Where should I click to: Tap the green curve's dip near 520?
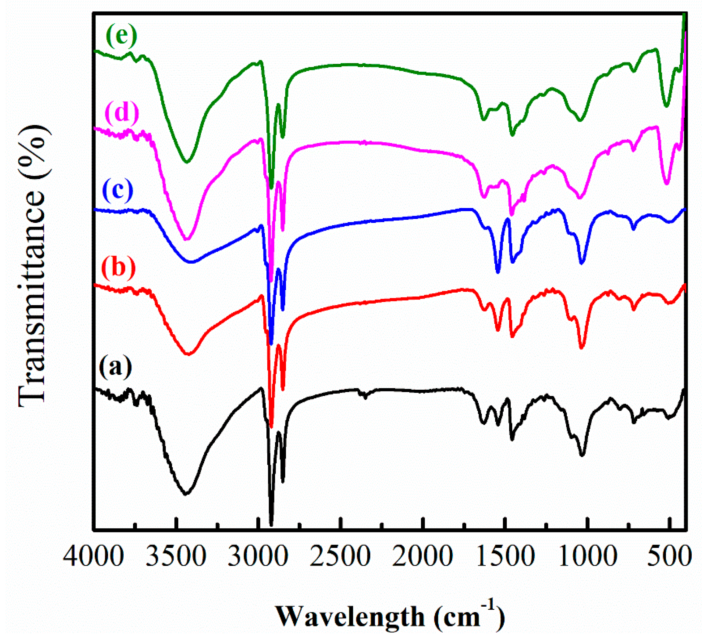pyautogui.click(x=666, y=106)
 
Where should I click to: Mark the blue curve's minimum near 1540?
pyautogui.click(x=498, y=272)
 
